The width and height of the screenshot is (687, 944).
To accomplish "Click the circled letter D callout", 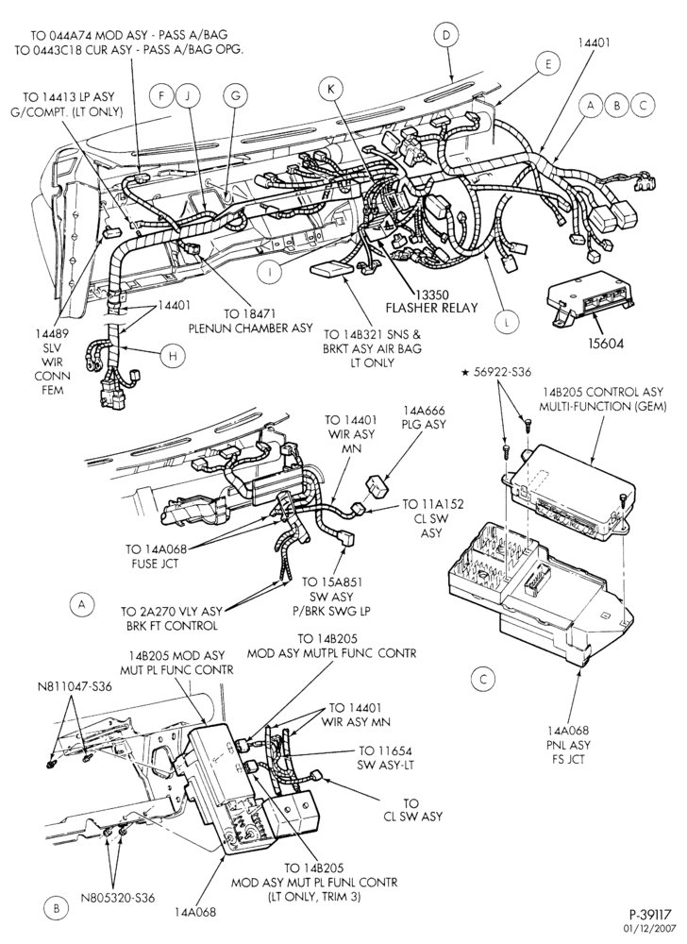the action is pos(445,35).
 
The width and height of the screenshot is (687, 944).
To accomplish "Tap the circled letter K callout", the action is pos(330,89).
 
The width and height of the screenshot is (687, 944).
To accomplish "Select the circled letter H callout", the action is pos(173,356).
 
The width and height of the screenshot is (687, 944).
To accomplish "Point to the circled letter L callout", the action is pos(507,323).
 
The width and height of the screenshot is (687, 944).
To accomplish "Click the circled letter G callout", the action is pos(235,95).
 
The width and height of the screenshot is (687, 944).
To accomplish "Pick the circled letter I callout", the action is pos(270,272).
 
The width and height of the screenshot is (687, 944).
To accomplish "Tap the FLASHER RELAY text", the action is pos(431,308).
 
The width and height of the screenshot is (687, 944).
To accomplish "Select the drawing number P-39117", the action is pos(655,919).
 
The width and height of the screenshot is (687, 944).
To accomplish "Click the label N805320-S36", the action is pos(118,898).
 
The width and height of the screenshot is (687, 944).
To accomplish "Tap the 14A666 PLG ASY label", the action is pos(424,417).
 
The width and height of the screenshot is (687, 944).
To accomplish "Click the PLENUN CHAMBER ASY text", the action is pos(251,329).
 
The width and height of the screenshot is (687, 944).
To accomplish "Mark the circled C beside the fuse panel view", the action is pos(482,680).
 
